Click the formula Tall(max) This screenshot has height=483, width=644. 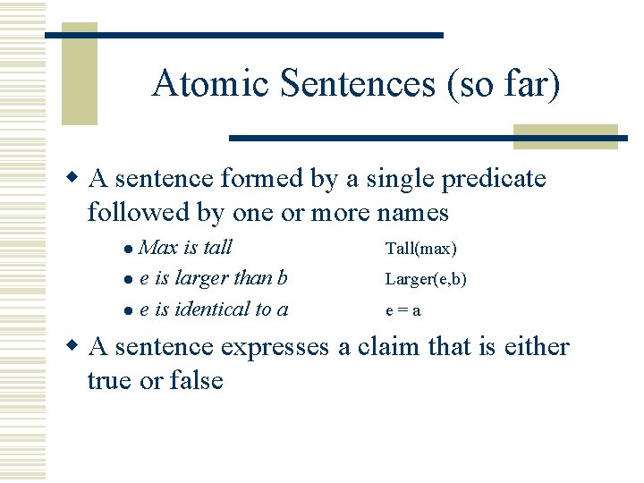tap(420, 249)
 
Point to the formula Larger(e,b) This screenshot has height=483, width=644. tap(426, 279)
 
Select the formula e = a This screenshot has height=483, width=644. tap(403, 311)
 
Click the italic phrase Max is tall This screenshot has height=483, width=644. tap(186, 247)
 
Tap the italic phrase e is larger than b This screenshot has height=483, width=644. tap(214, 278)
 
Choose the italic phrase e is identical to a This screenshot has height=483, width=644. tap(214, 309)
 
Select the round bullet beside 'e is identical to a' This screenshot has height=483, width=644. tap(130, 311)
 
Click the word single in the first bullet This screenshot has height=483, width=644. tap(397, 179)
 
